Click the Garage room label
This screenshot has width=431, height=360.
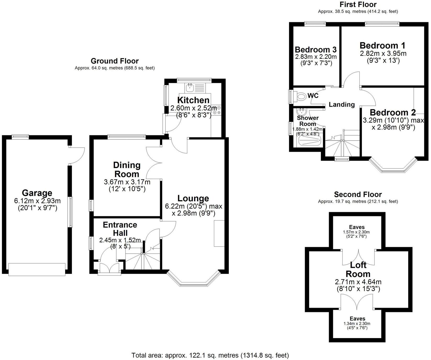[x=37, y=193]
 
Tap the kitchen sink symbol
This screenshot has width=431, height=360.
[x=189, y=88]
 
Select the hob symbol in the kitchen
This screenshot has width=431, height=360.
[x=217, y=110]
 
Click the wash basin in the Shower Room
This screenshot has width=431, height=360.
[x=301, y=112]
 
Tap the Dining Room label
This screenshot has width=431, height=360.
[x=127, y=169]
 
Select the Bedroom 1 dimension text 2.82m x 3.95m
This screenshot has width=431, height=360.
[x=383, y=54]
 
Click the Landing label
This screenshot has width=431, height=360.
[x=342, y=104]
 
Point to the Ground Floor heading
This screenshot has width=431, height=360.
[x=115, y=61]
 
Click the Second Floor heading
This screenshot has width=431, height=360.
[x=358, y=194]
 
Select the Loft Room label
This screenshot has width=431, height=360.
[x=358, y=269]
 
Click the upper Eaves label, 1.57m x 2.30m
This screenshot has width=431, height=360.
[x=357, y=227]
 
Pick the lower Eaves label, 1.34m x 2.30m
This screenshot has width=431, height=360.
[x=358, y=318]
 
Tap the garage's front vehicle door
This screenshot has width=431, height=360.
[x=37, y=269]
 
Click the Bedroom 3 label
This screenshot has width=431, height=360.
[x=316, y=49]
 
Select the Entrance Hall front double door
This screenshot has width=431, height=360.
[x=109, y=270]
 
